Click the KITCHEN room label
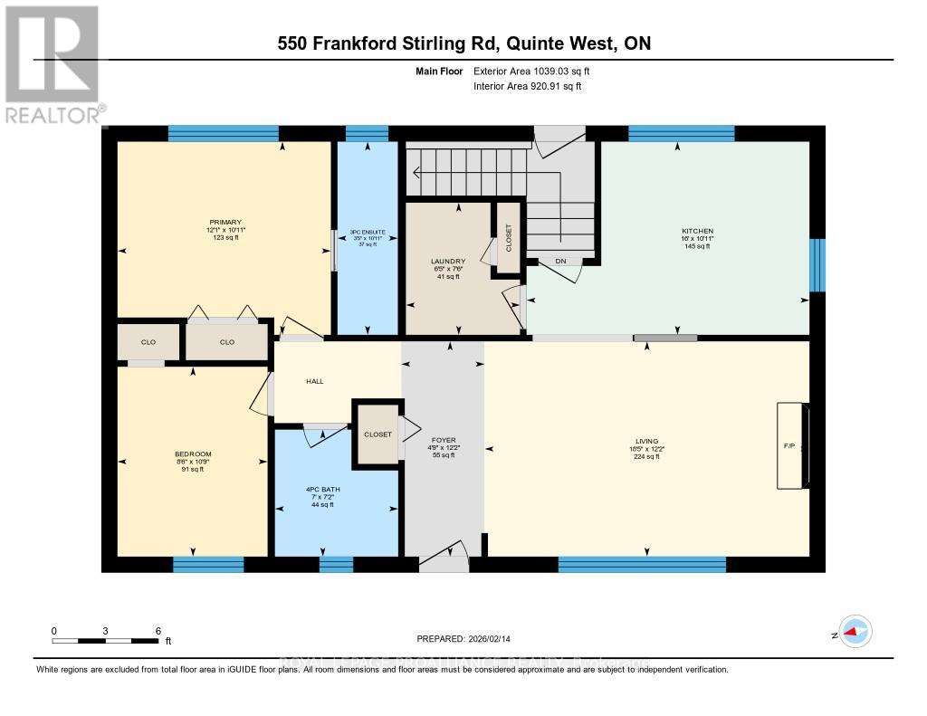pos(697,231)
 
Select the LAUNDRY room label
pos(447,262)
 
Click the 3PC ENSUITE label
pos(368,233)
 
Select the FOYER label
pos(444,440)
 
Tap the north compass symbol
pos(854,631)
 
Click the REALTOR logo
pos(52,63)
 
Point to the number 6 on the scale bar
pos(158,630)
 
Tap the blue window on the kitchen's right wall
pos(817,265)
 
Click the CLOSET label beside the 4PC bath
pos(377,434)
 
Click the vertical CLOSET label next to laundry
pos(508,237)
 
